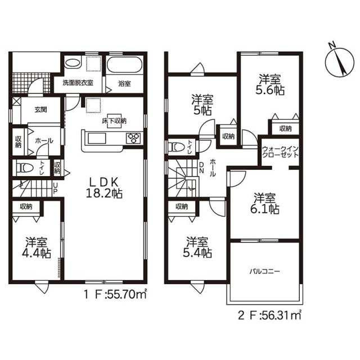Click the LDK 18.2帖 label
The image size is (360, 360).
click(103, 188)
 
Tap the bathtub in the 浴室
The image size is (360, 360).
click(125, 65)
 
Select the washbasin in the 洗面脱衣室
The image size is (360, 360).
click(72, 63)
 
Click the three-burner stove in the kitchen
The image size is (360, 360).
click(134, 138)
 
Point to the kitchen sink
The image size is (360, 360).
click(97, 138)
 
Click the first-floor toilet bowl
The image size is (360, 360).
click(25, 168)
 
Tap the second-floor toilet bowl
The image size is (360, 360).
click(177, 147)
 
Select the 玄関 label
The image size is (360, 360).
click(41, 110)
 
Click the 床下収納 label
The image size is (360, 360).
click(114, 121)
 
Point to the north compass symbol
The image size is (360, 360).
click(339, 61)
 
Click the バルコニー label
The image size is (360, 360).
click(265, 272)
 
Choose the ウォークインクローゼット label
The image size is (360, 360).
click(280, 151)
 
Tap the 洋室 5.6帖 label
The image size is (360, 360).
click(270, 85)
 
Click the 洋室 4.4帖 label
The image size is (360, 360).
click(36, 247)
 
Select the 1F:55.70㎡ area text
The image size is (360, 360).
click(115, 295)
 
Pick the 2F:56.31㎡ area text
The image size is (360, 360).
click(269, 316)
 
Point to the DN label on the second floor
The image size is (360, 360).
click(201, 168)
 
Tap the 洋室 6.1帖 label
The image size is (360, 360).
click(264, 204)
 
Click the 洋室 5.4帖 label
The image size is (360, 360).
click(197, 247)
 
